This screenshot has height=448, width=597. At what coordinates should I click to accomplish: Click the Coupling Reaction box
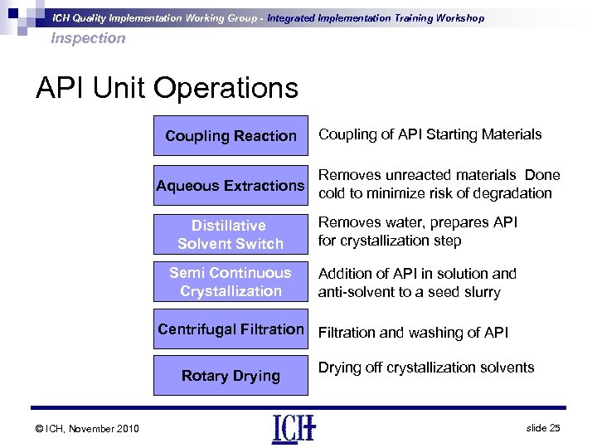231,135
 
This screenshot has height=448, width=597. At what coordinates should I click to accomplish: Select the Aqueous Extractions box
231,186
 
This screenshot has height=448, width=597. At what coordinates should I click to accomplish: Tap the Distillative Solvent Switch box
231,234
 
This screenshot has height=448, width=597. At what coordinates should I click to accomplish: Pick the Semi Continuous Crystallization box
231,281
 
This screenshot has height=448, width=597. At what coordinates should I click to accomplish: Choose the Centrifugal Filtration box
231,329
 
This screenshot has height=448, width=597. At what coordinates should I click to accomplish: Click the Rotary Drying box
231,376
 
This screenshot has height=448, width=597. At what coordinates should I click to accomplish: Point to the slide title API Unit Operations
167,88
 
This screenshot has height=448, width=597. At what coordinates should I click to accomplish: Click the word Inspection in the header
88,38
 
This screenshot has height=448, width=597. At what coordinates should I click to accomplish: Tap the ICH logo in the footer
293,428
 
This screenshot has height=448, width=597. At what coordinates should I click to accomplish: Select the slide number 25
543,426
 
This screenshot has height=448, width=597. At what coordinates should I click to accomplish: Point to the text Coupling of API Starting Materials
430,134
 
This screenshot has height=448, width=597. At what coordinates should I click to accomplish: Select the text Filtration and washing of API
414,333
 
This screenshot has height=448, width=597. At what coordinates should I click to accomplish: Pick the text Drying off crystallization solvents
426,367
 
